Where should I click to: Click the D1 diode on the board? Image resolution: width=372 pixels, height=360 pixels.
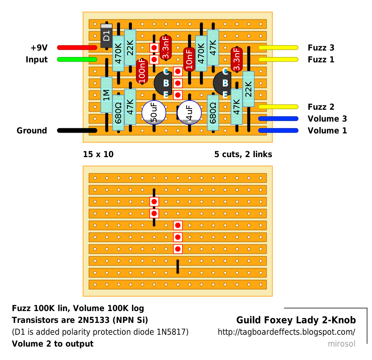coord(107,36)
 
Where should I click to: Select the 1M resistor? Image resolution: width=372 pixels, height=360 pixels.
coord(107,95)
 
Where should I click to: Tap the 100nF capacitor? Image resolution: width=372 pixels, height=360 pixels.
coord(142,71)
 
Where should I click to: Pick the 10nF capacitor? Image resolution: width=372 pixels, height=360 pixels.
coord(189,59)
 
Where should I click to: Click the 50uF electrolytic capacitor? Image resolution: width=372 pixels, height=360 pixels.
coord(154,112)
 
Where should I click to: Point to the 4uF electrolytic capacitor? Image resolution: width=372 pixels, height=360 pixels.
coord(189,112)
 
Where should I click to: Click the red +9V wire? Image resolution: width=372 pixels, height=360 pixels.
coord(77,47)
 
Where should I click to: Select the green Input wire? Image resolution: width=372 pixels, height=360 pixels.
coord(77,59)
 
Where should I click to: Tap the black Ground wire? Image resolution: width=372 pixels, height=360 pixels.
coord(77,130)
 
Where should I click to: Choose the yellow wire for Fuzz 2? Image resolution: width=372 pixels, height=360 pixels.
coord(278,107)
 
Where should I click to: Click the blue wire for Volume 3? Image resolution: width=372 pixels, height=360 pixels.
coord(278,118)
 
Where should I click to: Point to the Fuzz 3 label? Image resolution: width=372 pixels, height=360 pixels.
coord(321,48)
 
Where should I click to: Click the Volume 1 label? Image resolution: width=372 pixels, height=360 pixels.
coord(327,131)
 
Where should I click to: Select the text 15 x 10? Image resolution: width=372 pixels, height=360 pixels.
coord(98,154)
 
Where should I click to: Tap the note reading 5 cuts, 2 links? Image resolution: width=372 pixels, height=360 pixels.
coord(243,154)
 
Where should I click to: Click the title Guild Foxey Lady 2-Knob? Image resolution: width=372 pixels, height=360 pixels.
coord(296,320)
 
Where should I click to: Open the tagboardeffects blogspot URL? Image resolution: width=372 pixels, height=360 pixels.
coord(286,332)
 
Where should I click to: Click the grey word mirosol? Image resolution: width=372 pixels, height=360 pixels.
coord(342,344)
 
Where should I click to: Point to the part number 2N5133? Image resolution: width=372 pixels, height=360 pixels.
coord(94,320)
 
